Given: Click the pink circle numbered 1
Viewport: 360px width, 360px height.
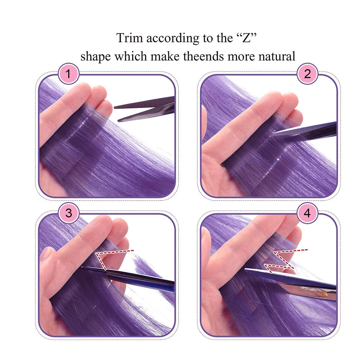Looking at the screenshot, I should click(x=68, y=75).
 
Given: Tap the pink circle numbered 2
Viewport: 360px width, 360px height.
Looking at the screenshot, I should click(x=307, y=75).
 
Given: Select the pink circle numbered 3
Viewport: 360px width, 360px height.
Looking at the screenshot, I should click(x=68, y=213).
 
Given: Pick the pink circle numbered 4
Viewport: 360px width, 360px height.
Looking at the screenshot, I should click(x=307, y=213).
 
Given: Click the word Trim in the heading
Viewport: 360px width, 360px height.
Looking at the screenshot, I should click(x=128, y=38).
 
